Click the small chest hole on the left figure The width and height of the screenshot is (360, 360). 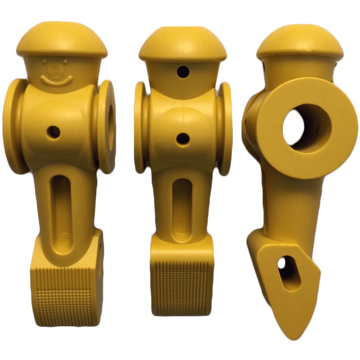(x=54, y=132)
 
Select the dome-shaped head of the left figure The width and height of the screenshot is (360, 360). (x=62, y=40)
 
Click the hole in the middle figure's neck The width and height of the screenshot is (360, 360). (x=183, y=72)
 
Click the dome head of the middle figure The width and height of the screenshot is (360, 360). (x=183, y=45)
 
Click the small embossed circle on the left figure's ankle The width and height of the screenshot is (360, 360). (x=66, y=238)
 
